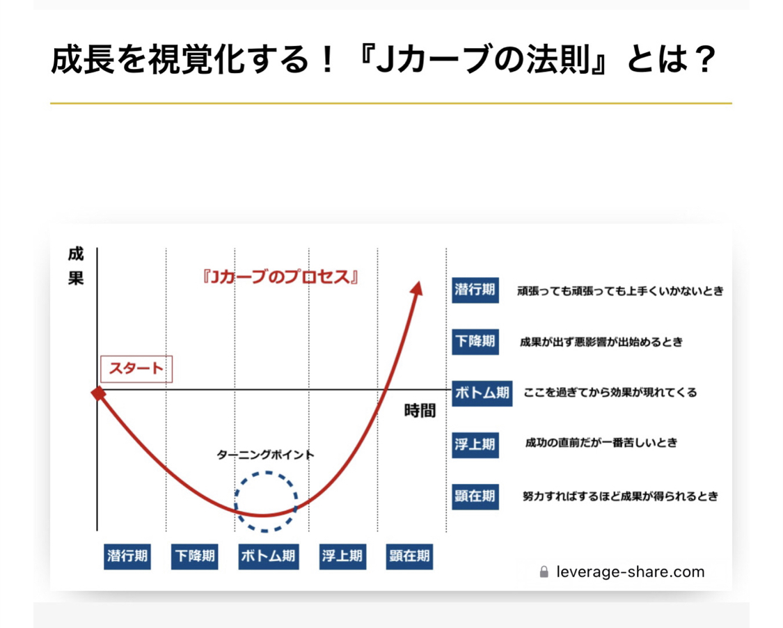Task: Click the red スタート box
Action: coord(136,369)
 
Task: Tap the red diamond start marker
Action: coord(98,393)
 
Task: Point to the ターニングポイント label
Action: coord(265,455)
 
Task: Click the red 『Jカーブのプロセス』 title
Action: coord(280,277)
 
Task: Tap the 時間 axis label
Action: coord(420,411)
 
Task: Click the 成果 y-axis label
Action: coord(76,266)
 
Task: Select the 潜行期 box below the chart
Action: coord(127,556)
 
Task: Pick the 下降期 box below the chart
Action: coord(195,556)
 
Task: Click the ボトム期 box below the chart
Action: coord(269,556)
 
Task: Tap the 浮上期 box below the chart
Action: coord(342,556)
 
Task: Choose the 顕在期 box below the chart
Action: coord(409,556)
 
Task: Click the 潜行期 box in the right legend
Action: coord(475,290)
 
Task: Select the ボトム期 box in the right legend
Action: coord(482,393)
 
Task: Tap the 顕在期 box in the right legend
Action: coord(475,496)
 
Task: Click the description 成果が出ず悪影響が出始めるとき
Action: coord(601,342)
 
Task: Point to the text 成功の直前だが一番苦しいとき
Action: coord(601,443)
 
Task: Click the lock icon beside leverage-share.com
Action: coord(544,572)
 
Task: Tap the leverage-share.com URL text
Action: coord(630,572)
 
